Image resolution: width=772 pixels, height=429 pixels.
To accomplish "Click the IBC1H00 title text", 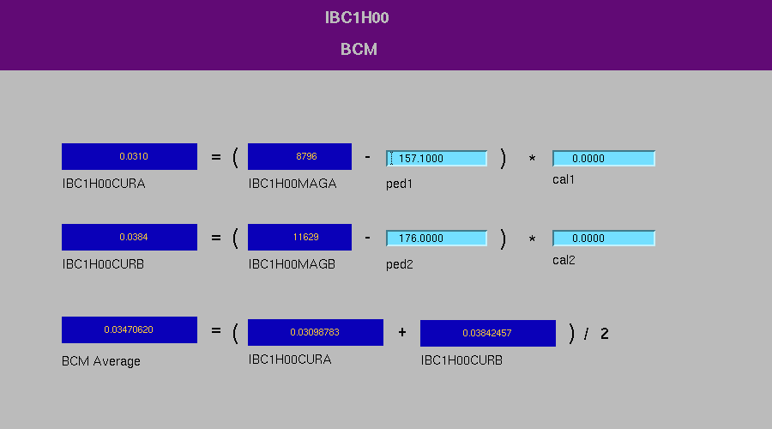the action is coord(357,18).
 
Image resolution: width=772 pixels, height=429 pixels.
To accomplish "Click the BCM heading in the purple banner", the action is coord(359,49).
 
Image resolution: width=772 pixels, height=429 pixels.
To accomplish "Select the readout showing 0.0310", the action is coord(130,157).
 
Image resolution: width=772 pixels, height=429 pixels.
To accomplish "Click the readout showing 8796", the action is coord(300,157).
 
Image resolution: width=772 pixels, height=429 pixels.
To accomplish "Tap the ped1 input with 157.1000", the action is coord(437,158).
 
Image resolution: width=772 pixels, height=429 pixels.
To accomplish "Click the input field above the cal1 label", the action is coord(604,158).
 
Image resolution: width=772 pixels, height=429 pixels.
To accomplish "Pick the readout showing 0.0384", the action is coord(130,238).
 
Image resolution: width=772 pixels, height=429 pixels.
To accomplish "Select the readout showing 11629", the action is coord(300,238).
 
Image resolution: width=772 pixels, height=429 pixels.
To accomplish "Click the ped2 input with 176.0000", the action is coord(437,239).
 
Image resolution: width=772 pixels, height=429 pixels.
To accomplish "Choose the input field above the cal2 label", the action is coord(604,239).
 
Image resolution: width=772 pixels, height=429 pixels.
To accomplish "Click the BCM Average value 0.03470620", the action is coord(130,330).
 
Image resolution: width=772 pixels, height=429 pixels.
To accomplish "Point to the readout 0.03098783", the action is coord(316,332).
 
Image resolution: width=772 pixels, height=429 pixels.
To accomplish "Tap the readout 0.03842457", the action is coord(488,334).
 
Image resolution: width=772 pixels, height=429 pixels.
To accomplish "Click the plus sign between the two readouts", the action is coord(402,332).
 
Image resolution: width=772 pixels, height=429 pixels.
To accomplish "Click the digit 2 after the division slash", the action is coord(605,334).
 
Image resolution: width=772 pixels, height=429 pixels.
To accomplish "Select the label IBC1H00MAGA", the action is coord(293,184).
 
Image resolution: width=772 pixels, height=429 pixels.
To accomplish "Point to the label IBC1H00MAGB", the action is coord(292,264).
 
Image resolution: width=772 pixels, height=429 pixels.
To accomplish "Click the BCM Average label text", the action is coord(101,361).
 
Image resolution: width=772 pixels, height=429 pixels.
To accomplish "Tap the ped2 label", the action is coord(399,264).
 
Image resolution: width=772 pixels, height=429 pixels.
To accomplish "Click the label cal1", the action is coord(564,180).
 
